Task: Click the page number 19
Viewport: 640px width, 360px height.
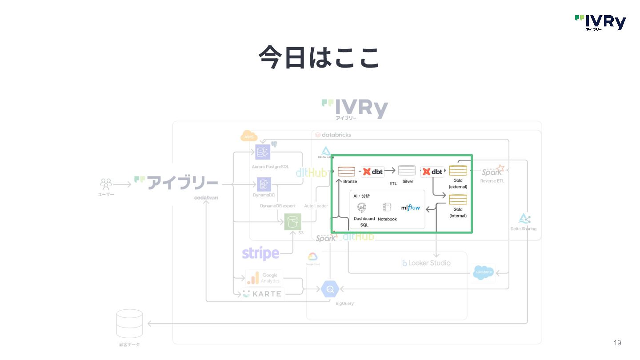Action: coord(617,343)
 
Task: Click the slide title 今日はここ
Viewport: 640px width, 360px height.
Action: coord(319,57)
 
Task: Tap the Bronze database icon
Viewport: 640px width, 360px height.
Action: coord(346,172)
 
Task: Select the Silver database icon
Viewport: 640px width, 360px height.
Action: coord(407,171)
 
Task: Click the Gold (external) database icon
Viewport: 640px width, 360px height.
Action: coord(458,171)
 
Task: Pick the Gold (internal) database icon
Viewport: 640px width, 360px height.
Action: coord(458,200)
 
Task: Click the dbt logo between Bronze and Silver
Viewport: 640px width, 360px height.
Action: coord(373,172)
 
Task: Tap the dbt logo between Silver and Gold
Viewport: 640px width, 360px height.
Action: coord(432,172)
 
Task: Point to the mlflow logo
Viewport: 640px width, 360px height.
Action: coord(410,208)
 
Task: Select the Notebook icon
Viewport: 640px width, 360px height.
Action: coord(387,208)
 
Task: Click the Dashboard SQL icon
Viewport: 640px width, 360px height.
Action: coord(362,208)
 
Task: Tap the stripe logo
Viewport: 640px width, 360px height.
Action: coord(260,254)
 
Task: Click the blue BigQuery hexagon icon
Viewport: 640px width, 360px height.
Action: coord(330,289)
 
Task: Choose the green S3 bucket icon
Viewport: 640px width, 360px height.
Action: coord(292,222)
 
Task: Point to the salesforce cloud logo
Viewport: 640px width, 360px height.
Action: coord(483,272)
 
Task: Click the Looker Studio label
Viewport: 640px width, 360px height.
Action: coord(426,263)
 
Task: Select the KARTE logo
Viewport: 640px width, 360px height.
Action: coord(262,294)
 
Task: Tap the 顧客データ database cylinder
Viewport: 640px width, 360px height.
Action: coord(129,324)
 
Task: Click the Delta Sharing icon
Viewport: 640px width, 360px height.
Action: coord(524,219)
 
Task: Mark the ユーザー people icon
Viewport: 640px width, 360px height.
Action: coord(106,184)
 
